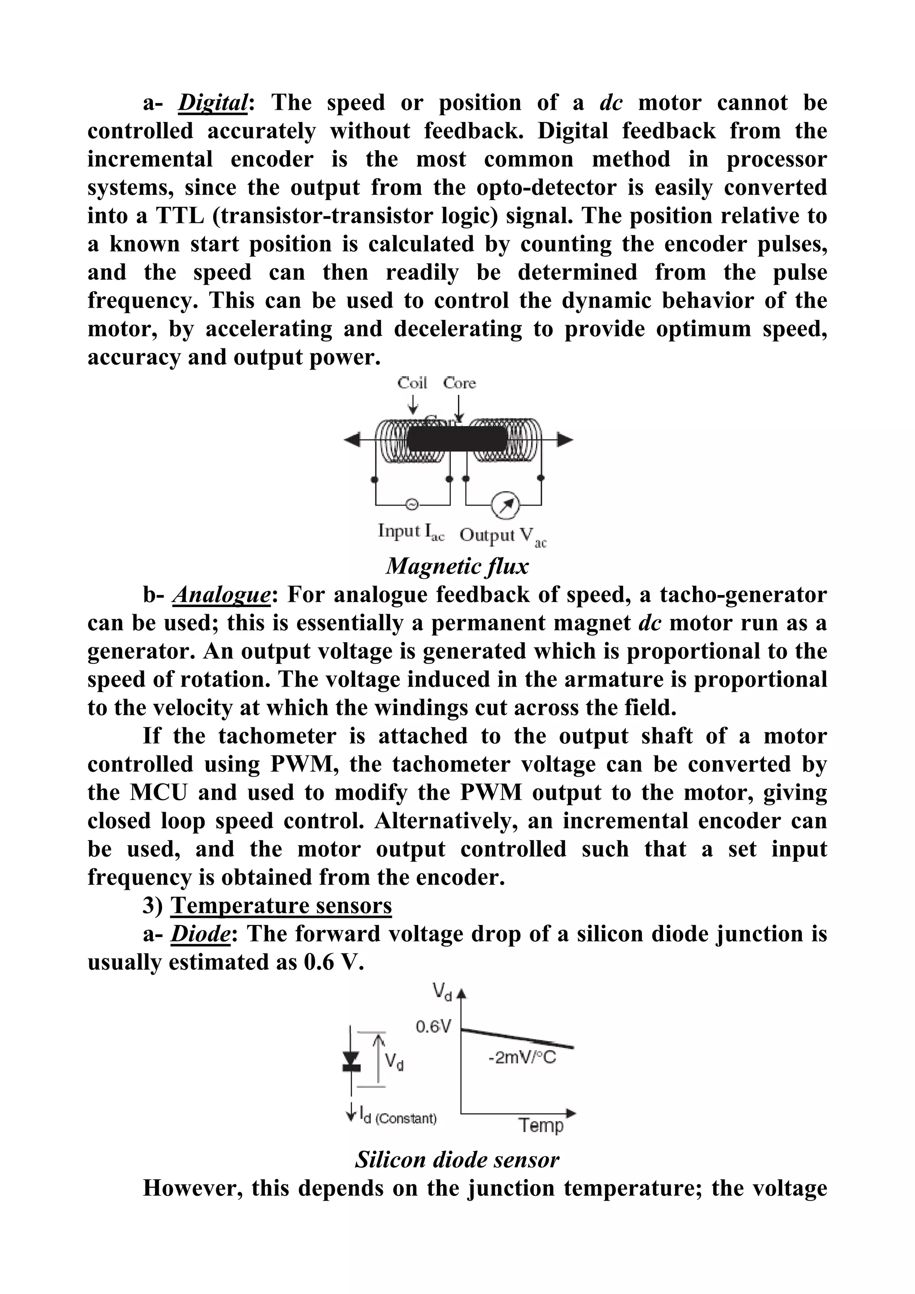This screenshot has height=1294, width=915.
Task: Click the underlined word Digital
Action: [213, 103]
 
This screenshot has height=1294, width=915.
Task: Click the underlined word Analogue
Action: [222, 595]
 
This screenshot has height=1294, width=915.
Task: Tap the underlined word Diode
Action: [201, 934]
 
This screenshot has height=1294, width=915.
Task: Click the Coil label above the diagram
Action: [412, 383]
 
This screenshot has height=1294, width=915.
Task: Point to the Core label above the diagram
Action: [459, 383]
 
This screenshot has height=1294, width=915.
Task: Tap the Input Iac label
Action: [411, 532]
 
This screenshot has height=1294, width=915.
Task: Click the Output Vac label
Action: [502, 536]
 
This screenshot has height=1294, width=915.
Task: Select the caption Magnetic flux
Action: [457, 566]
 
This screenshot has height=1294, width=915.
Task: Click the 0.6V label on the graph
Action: [433, 1027]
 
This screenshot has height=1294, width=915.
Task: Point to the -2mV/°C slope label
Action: [521, 1058]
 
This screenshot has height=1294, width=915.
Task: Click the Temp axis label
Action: [541, 1126]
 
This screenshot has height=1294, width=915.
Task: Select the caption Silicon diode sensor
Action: [457, 1160]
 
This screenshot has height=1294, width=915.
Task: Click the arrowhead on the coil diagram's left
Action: [352, 440]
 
